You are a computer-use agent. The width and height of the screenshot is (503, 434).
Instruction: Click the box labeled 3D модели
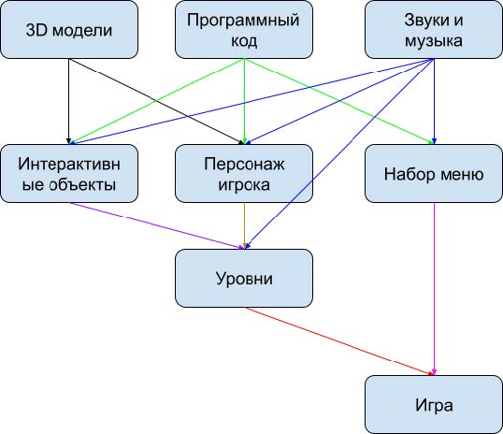click(x=69, y=30)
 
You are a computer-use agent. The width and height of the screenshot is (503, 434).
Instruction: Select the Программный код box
click(x=244, y=30)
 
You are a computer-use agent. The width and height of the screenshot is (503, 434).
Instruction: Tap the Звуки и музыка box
click(x=434, y=30)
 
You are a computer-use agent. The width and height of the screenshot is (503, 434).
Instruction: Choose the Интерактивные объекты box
click(x=69, y=174)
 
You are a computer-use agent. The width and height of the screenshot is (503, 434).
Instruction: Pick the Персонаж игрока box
click(x=244, y=174)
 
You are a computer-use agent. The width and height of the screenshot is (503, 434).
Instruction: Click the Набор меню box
click(x=434, y=174)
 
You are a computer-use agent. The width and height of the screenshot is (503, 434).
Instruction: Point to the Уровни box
click(x=244, y=279)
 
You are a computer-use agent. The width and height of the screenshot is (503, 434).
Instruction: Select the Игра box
click(x=434, y=404)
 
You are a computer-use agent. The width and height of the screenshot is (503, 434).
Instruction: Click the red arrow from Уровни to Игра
click(x=339, y=341)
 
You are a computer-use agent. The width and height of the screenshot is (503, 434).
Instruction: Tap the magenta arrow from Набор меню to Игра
click(x=434, y=289)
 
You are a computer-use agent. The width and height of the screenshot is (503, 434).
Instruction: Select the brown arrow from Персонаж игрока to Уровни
click(x=244, y=225)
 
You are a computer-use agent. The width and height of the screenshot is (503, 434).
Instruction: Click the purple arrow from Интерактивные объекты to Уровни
click(x=156, y=225)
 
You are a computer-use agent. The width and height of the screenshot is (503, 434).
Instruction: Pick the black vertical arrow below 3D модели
click(x=68, y=101)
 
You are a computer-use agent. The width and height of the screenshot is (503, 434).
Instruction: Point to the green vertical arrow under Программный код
click(x=244, y=101)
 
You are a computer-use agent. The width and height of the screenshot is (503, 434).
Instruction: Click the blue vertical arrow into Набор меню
click(x=434, y=101)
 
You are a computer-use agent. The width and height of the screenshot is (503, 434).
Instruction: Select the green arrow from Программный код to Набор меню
click(x=338, y=101)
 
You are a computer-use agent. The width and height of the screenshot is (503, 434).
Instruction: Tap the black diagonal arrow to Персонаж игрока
click(x=156, y=101)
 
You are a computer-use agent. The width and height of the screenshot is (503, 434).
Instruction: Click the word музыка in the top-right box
click(x=434, y=41)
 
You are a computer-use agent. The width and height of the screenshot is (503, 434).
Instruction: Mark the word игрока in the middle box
click(x=244, y=185)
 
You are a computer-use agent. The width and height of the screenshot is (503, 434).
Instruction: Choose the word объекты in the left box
click(x=83, y=184)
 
